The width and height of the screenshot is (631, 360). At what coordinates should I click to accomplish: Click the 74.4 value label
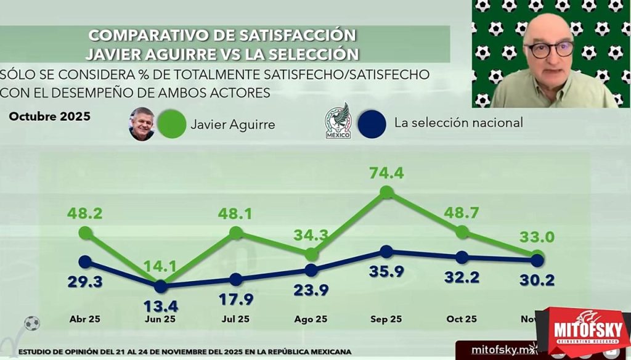click(x=386, y=173)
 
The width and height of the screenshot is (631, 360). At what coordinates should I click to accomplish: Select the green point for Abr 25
click(x=85, y=233)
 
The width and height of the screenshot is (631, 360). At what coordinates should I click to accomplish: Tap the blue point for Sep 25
click(x=386, y=252)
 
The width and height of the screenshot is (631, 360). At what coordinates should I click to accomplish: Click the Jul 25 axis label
click(x=235, y=319)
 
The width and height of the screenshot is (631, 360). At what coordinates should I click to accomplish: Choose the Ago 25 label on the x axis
click(x=311, y=319)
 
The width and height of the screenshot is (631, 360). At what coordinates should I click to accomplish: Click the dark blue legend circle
click(x=373, y=123)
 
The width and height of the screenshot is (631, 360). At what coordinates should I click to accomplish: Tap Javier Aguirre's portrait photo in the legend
click(x=142, y=123)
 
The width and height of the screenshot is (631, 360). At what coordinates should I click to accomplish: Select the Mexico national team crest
click(x=337, y=121)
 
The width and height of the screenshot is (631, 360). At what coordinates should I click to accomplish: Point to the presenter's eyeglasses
click(x=549, y=50)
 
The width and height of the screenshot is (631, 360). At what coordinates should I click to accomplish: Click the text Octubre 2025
click(x=49, y=117)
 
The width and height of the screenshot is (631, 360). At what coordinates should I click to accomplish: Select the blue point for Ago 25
click(x=311, y=270)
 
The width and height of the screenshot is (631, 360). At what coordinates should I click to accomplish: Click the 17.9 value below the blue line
click(x=235, y=299)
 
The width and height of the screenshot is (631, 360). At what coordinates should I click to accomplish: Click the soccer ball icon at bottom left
click(x=31, y=323)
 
